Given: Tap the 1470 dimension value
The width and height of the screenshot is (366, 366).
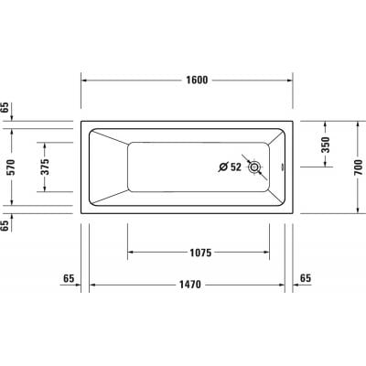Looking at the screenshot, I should [x=189, y=285].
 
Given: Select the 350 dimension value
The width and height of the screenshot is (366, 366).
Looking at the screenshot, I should [x=327, y=144].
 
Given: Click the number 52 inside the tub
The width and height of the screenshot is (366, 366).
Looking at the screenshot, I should [x=235, y=167].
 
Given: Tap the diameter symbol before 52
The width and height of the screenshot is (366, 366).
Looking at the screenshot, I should [x=222, y=167].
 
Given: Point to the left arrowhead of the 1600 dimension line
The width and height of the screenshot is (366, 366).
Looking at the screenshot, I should [x=88, y=80].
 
